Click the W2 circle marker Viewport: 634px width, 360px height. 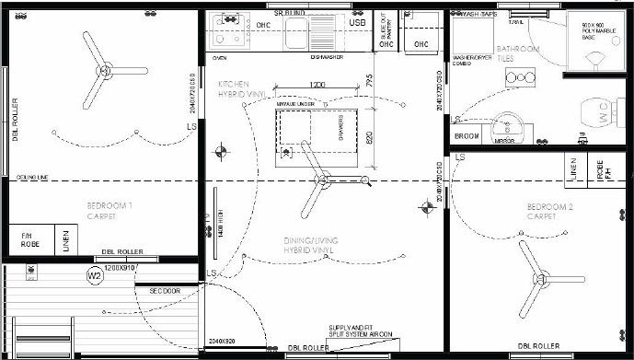[94, 275]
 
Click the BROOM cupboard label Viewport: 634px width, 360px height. [467, 135]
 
